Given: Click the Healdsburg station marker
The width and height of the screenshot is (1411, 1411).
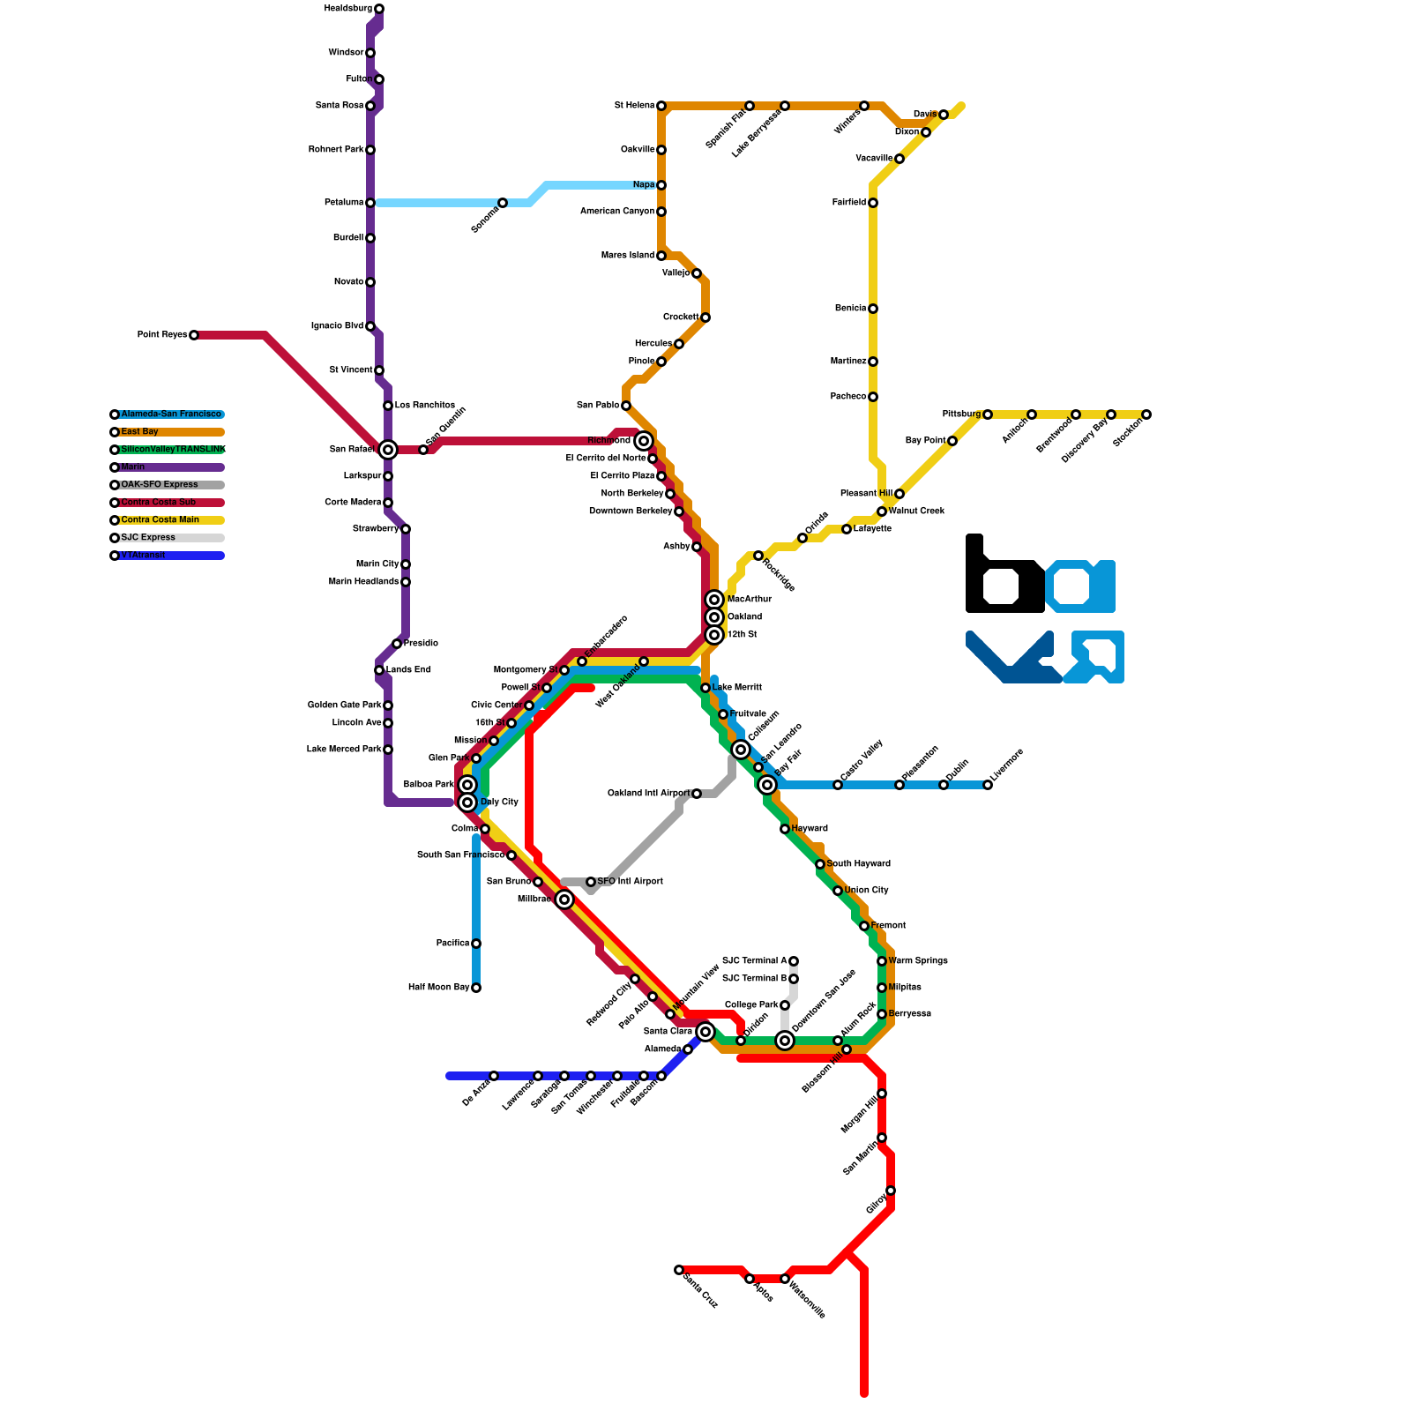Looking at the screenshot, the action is pos(379,9).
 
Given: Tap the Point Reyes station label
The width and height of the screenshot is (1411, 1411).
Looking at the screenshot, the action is pos(161,335).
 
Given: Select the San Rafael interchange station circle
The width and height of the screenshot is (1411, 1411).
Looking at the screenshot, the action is pos(388,450).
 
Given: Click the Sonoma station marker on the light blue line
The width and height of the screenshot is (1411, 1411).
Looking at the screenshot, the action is pos(503,203).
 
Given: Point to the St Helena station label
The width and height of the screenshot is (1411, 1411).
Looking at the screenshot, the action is pos(634,106).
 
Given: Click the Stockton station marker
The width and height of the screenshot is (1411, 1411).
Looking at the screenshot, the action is pos(1146,414).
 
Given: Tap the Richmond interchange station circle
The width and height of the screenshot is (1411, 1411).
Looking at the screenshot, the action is pos(644,441).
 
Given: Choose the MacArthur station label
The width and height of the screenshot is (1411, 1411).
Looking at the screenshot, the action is pos(750,600).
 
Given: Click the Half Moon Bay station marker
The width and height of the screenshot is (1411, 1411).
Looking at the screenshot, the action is pos(476,988).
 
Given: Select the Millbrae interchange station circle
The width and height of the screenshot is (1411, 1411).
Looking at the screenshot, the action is pos(564,900).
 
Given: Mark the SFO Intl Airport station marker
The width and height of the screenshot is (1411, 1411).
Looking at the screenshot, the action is pos(591,882).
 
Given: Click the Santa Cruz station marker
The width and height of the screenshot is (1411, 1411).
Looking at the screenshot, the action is pos(679,1270).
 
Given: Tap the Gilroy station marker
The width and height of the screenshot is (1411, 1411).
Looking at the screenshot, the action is pos(891,1191).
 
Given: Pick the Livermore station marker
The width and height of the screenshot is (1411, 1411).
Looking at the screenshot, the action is pos(988,785).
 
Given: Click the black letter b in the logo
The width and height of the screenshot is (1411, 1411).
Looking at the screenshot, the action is pos(1004,578).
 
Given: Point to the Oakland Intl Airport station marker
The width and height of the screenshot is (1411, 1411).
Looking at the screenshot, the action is pos(697,794).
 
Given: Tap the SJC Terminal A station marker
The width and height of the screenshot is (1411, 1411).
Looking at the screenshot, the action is pos(794,961).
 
